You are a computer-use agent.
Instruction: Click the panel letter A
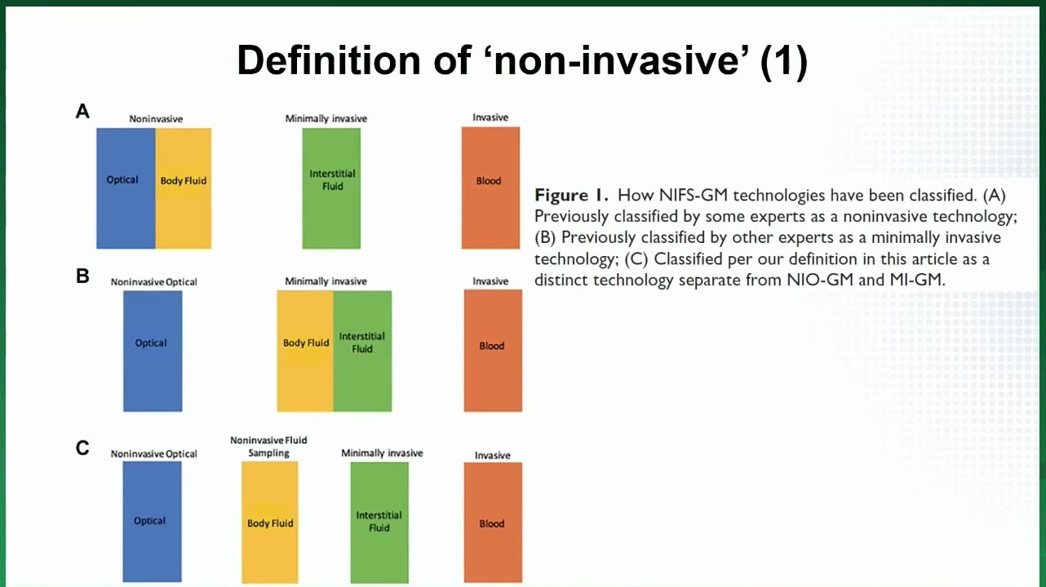pyautogui.click(x=82, y=112)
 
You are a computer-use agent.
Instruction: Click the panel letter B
pyautogui.click(x=82, y=276)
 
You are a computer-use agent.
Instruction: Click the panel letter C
pyautogui.click(x=82, y=448)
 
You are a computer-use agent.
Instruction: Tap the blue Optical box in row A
pyautogui.click(x=126, y=188)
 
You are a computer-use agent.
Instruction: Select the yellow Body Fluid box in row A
pyautogui.click(x=184, y=188)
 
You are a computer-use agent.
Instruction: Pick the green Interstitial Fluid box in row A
pyautogui.click(x=331, y=188)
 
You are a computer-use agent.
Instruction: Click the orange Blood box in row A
pyautogui.click(x=491, y=188)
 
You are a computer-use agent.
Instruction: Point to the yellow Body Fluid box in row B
pyautogui.click(x=305, y=351)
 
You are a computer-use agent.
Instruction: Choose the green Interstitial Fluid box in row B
pyautogui.click(x=363, y=351)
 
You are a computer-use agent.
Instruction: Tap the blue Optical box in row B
pyautogui.click(x=153, y=351)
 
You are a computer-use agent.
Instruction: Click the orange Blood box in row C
pyautogui.click(x=493, y=523)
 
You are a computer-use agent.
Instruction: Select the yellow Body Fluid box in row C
pyautogui.click(x=270, y=523)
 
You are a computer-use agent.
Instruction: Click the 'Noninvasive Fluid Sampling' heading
pyautogui.click(x=268, y=447)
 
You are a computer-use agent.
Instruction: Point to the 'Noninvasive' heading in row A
pyautogui.click(x=156, y=119)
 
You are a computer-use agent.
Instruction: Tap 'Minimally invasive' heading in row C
pyautogui.click(x=382, y=453)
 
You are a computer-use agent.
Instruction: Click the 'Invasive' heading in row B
pyautogui.click(x=490, y=281)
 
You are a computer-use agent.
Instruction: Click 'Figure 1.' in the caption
pyautogui.click(x=572, y=195)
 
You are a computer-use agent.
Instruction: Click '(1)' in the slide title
pyautogui.click(x=784, y=61)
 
